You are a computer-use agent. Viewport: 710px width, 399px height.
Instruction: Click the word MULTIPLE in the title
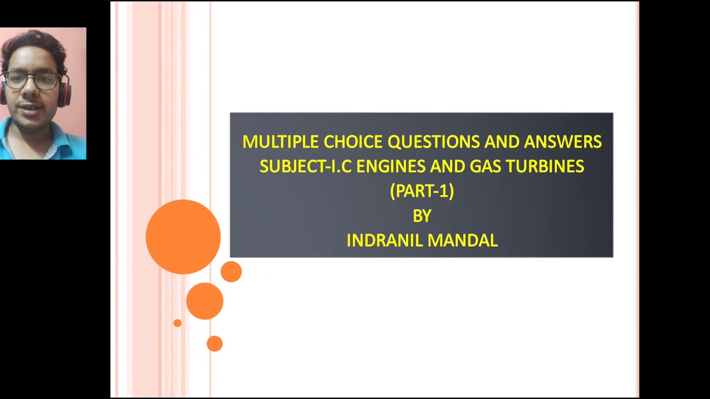281,142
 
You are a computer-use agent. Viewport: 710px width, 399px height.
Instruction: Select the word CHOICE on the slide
353,142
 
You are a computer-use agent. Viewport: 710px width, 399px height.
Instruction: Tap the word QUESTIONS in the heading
433,142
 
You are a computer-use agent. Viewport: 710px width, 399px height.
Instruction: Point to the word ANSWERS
562,142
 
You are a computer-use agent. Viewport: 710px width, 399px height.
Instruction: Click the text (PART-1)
422,191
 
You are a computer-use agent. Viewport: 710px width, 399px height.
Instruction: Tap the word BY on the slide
422,216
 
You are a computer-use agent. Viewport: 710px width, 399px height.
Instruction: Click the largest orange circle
183,237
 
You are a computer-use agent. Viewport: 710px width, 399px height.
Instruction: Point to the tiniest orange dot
177,323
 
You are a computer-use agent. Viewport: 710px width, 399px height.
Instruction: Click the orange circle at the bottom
214,344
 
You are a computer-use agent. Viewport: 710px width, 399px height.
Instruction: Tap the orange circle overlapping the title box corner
231,272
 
